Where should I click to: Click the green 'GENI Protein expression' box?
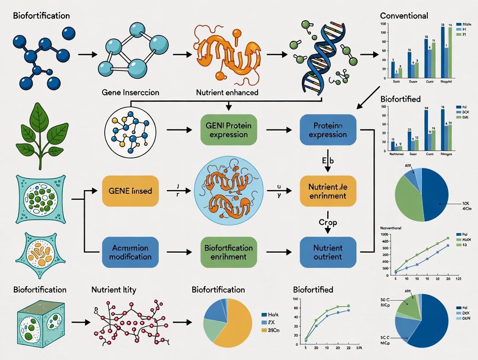(x=229, y=130)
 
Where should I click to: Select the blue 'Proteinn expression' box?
(x=328, y=130)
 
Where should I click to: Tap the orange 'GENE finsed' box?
(x=130, y=190)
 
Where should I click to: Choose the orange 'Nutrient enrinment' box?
(x=328, y=191)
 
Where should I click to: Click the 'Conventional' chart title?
(x=404, y=16)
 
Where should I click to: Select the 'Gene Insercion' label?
(x=130, y=92)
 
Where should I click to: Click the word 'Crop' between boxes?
(x=328, y=222)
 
